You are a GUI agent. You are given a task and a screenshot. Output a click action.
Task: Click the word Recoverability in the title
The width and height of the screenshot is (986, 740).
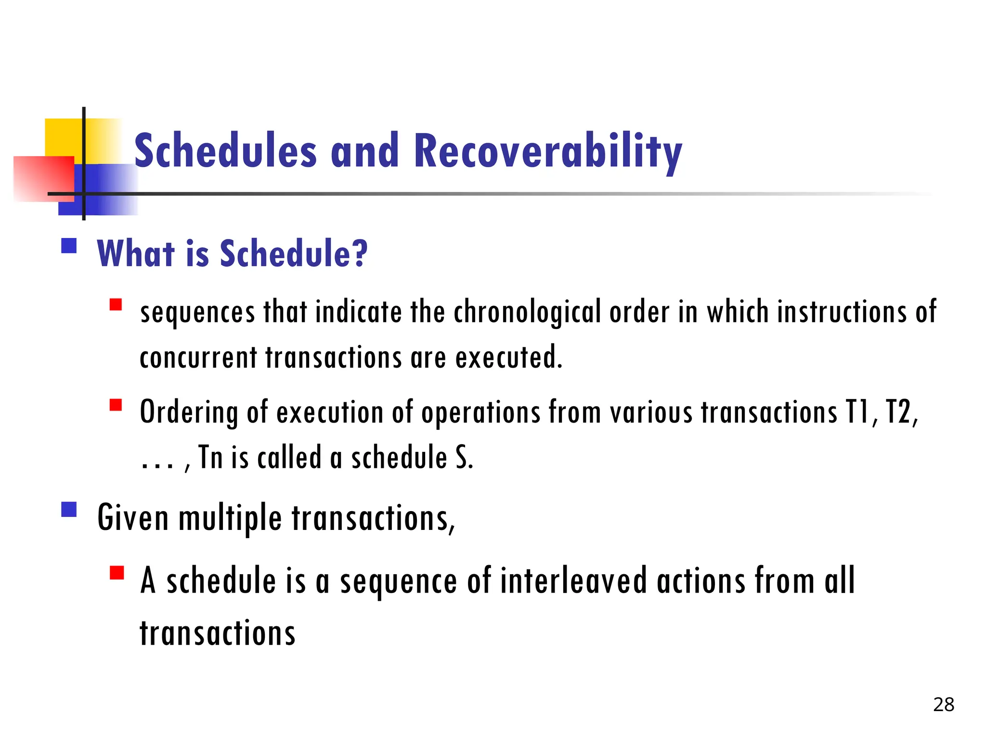(547, 152)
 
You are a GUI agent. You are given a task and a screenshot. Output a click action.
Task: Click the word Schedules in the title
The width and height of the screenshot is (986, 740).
(225, 152)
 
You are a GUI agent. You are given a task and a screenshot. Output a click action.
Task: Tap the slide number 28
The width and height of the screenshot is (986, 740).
(943, 705)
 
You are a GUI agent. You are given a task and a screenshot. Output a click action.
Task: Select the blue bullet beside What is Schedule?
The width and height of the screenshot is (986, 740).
(69, 246)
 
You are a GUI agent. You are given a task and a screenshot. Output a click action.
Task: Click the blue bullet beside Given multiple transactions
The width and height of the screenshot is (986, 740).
(69, 509)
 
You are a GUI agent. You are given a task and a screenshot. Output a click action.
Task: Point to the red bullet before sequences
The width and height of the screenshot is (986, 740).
(116, 305)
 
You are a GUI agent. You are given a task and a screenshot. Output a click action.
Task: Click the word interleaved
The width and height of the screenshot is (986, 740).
(573, 581)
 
